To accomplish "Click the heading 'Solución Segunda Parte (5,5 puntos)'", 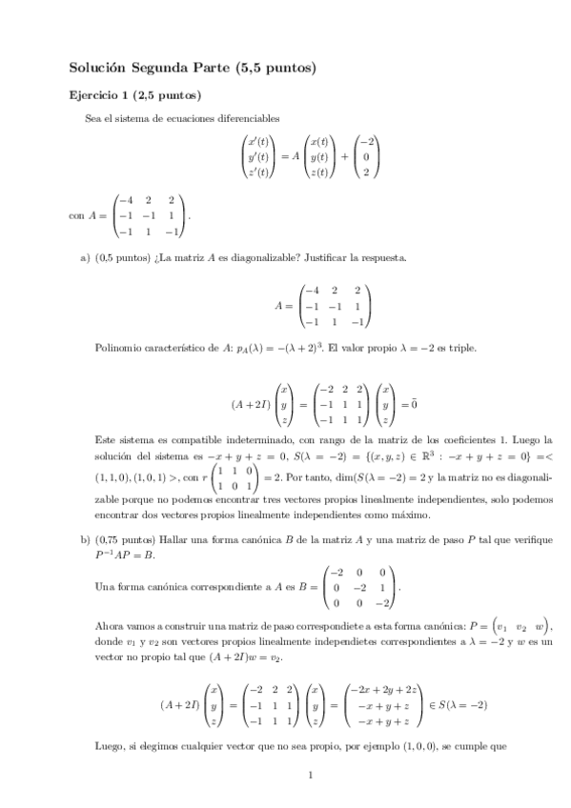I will pos(193,68).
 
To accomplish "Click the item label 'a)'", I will pos(85,257).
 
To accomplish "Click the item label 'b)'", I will pos(85,540).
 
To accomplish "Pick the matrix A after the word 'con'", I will pos(151,214).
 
